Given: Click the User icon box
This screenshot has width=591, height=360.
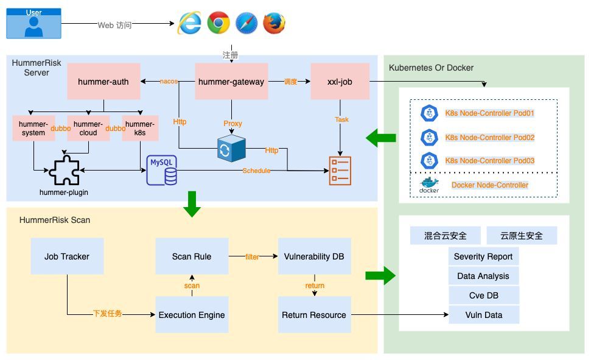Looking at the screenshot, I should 33,23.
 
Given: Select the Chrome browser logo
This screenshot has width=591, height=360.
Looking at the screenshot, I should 218,23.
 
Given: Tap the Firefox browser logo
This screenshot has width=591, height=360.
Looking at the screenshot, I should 274,23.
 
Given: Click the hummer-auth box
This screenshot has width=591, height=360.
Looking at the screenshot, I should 103,82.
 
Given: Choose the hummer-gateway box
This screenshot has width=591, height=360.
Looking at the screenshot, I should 231,82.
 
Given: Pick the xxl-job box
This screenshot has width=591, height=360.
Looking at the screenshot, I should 340,82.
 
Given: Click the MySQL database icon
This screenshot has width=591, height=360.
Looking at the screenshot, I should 162,171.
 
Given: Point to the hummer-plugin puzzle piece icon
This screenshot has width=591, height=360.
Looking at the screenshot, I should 65,170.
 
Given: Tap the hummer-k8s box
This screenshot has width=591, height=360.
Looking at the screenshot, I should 140,129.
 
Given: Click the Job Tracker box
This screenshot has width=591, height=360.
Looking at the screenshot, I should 67,256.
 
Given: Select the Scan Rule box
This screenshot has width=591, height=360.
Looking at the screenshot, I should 192,256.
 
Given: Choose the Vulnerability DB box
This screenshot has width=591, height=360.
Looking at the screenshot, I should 314,256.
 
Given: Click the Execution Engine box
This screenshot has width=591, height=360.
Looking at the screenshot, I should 192,315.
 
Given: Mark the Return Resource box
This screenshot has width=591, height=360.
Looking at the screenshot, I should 314,315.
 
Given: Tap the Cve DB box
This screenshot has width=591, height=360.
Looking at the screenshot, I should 484,295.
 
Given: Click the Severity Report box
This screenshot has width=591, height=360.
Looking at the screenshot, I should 484,256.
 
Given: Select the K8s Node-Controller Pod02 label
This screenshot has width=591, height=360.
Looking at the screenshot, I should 489,138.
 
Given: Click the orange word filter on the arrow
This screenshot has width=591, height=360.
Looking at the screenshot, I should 252,257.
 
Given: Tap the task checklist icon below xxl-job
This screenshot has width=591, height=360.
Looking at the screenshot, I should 340,171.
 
